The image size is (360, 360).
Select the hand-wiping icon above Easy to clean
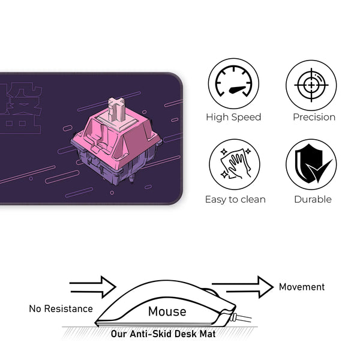(233, 164)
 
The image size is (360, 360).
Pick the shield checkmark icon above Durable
(311, 164)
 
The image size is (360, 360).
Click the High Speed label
(233, 117)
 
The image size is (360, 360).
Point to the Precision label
(314, 117)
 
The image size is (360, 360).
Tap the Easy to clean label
(235, 199)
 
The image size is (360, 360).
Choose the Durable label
(313, 199)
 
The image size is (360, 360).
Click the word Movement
(301, 287)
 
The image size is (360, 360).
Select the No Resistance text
(61, 309)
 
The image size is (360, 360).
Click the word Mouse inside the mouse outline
(167, 311)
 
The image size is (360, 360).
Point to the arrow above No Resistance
(92, 287)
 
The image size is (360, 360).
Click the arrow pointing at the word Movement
(242, 287)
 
